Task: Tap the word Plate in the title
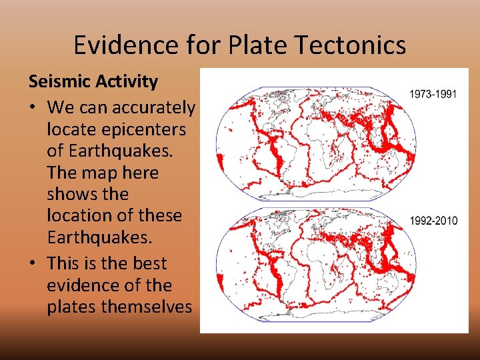[251, 45]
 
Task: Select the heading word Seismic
[59, 82]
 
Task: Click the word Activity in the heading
[126, 82]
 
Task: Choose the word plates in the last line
[71, 307]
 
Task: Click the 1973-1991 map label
[433, 95]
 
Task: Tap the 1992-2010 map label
[433, 221]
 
